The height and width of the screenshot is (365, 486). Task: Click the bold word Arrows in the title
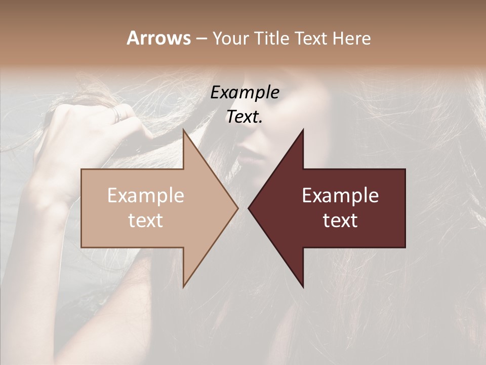click(x=158, y=38)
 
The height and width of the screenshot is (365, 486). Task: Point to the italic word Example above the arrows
click(x=245, y=93)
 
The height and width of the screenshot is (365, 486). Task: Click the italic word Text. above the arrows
click(x=245, y=117)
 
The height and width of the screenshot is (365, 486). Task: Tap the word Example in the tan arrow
click(x=146, y=196)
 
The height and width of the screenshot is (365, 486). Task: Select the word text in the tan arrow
click(x=146, y=221)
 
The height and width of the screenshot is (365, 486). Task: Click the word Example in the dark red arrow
click(x=340, y=196)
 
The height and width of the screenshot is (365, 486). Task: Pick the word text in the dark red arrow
click(x=340, y=221)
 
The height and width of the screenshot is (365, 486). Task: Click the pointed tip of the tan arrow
click(x=237, y=208)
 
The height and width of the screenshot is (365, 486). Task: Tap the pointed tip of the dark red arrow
click(x=249, y=208)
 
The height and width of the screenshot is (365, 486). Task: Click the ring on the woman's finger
click(x=117, y=113)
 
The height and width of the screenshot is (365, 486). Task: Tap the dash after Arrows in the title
click(x=201, y=39)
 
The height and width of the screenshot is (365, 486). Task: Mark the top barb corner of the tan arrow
click(x=184, y=130)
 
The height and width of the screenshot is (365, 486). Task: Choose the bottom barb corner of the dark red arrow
click(x=303, y=287)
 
